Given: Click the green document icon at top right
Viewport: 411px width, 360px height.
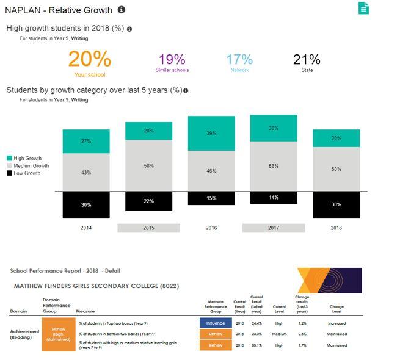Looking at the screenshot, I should [364, 8].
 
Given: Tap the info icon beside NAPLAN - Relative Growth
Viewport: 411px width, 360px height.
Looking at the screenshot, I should [122, 10].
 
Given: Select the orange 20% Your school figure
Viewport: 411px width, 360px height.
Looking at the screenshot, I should [90, 60].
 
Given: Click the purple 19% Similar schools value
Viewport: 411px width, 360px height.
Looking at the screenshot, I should [172, 60].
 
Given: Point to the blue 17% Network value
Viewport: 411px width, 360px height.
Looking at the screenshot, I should [239, 60].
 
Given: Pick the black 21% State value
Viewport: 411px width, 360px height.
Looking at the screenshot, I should [307, 60].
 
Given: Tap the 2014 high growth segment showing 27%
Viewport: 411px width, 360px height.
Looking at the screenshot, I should [86, 141].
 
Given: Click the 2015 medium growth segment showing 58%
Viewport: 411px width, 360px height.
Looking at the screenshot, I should [148, 165].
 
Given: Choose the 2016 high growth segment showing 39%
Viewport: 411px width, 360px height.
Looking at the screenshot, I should [211, 133].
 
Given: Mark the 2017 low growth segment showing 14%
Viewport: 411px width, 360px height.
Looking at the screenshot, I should [274, 198].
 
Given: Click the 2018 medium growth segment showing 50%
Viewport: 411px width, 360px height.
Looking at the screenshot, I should [336, 169].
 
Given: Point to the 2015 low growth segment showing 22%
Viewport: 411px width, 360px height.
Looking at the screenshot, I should [148, 201].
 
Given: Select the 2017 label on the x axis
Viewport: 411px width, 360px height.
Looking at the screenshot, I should [274, 228].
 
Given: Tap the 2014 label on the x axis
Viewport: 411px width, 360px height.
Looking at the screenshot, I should [86, 228].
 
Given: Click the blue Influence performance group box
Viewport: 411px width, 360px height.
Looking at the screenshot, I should [216, 323].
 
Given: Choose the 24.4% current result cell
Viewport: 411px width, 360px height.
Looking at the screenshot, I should [256, 323].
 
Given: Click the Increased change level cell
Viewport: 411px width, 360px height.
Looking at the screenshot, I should [336, 323].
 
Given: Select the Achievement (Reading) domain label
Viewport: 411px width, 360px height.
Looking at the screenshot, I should [25, 334].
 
